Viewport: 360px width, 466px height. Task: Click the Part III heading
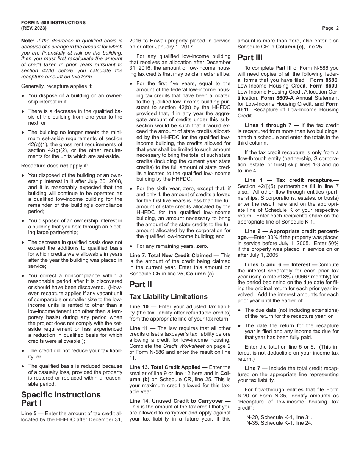point(250,58)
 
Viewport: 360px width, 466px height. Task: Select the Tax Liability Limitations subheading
point(168,296)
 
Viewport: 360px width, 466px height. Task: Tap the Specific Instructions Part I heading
point(61,399)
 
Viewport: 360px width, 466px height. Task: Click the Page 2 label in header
point(330,28)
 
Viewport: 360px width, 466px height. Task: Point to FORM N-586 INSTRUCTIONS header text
point(53,23)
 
